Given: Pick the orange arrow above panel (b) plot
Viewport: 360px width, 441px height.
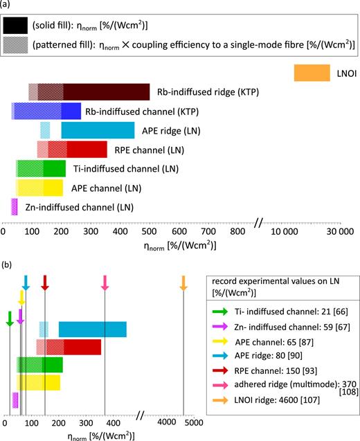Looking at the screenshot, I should tap(183, 282).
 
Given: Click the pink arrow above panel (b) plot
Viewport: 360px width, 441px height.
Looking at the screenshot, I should tap(105, 282).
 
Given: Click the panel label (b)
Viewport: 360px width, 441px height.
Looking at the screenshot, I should tap(6, 264).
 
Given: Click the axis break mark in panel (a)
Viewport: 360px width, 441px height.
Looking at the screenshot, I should tap(259, 222).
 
